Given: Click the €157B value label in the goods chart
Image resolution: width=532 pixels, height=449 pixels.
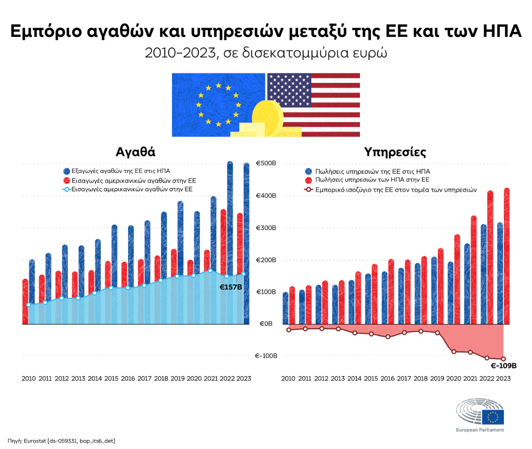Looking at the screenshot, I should (x=231, y=287).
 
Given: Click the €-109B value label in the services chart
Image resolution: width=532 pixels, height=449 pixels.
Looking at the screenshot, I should (x=503, y=366).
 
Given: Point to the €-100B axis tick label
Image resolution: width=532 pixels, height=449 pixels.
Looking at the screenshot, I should (x=266, y=356).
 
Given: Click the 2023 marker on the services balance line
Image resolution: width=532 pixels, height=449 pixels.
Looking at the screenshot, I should (x=503, y=359).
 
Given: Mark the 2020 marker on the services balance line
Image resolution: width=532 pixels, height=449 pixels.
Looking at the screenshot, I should (x=454, y=352).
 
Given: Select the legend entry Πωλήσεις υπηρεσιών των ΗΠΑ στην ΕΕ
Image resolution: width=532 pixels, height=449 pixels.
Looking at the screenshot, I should (x=370, y=180).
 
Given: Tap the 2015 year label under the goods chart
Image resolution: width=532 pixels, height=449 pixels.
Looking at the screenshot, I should (x=111, y=378).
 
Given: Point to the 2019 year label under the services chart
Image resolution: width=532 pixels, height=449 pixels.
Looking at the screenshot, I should (x=437, y=378).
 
